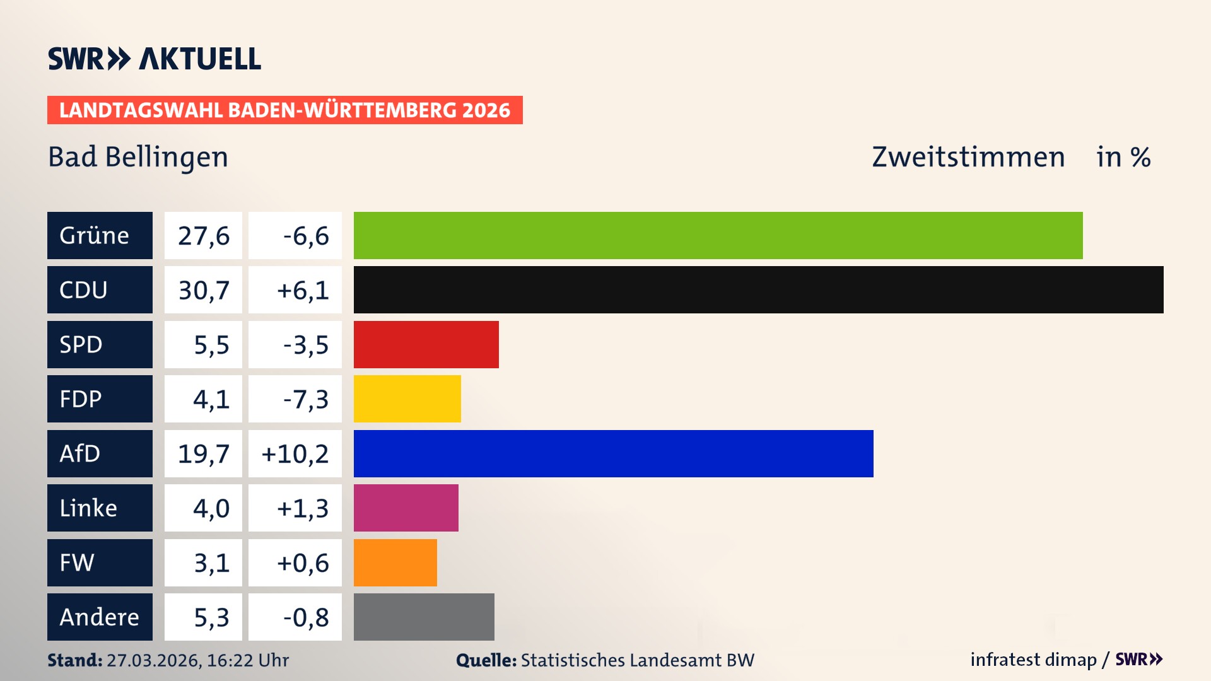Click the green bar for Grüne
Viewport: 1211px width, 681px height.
tap(718, 235)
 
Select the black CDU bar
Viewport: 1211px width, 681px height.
tap(758, 289)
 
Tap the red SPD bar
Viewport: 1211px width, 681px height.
tap(426, 344)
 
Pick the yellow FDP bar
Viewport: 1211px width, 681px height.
tap(407, 399)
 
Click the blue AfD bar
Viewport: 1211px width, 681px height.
tap(613, 453)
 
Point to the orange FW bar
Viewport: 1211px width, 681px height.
tap(395, 562)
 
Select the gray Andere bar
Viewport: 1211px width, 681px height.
tap(424, 617)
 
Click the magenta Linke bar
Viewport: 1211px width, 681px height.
tap(406, 508)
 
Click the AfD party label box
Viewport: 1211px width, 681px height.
tap(100, 453)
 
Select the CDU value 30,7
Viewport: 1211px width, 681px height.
tap(203, 290)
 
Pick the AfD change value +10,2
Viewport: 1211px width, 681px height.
tap(295, 454)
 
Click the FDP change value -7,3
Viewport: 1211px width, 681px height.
tap(305, 399)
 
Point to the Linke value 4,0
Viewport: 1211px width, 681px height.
tap(211, 508)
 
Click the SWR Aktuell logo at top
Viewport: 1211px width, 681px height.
tap(154, 59)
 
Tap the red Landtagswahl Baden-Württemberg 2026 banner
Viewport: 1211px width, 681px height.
tap(284, 110)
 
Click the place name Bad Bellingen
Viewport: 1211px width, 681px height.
tap(137, 157)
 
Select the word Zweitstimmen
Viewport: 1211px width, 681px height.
tap(968, 157)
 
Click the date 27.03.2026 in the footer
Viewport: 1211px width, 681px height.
tap(153, 660)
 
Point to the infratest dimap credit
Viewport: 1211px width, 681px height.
tap(1033, 660)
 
